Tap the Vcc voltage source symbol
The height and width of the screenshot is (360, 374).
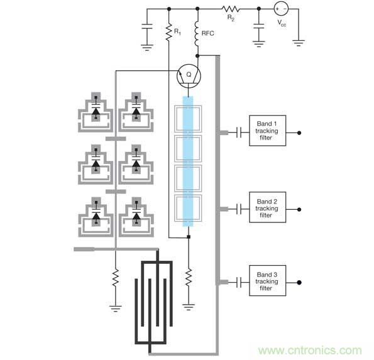pos(281,9)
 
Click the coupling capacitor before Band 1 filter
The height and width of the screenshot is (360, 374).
pos(239,133)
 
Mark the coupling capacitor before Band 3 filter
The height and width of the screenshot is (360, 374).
pos(239,281)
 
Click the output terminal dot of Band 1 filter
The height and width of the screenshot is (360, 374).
pos(298,133)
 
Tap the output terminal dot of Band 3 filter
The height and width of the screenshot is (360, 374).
pos(298,281)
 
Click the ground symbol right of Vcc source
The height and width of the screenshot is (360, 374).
pos(299,43)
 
